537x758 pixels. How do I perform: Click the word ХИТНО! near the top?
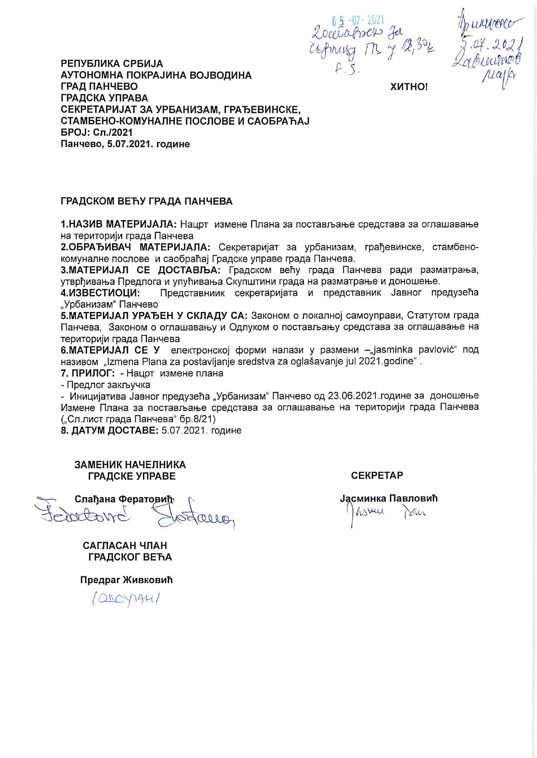point(409,87)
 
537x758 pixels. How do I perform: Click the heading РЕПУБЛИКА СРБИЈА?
point(112,64)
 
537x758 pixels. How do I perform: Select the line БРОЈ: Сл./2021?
point(97,132)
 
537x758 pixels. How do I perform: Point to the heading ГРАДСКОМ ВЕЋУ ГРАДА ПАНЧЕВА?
point(146,202)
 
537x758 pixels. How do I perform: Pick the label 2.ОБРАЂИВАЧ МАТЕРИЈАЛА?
point(136,247)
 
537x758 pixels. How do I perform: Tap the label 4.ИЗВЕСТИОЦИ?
point(100,293)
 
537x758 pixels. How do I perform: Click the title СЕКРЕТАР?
point(377,475)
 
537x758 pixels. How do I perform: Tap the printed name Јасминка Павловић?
point(388,498)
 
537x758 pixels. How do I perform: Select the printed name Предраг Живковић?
point(126,580)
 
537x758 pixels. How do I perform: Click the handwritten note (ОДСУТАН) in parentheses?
point(126,599)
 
